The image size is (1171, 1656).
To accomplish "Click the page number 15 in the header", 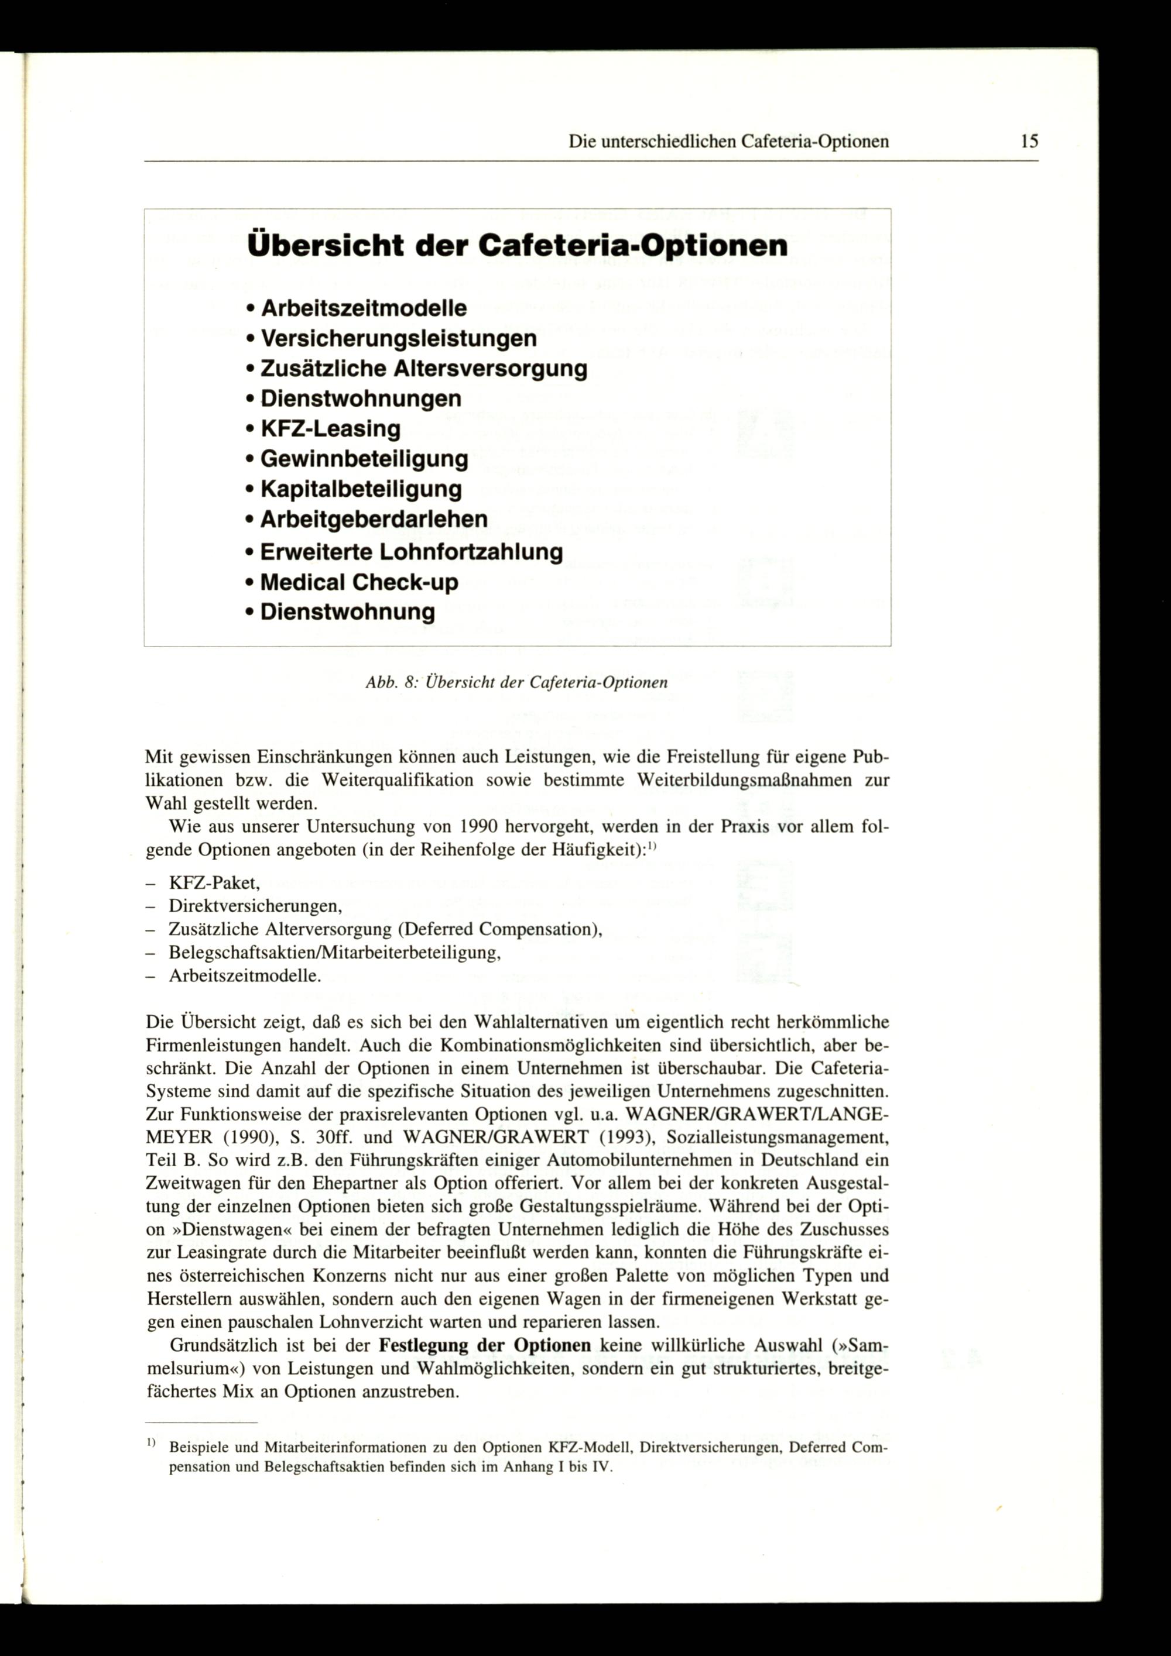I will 1029,142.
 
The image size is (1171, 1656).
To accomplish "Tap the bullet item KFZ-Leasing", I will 330,428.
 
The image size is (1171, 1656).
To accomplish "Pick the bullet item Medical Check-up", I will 358,581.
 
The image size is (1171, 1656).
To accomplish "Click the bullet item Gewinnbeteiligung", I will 364,459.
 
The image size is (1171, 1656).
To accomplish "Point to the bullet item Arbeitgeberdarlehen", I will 373,518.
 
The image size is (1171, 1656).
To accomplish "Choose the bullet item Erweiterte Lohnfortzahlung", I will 410,552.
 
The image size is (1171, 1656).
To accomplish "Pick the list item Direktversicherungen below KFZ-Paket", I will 255,906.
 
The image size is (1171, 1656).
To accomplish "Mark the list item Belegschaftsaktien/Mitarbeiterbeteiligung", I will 335,953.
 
